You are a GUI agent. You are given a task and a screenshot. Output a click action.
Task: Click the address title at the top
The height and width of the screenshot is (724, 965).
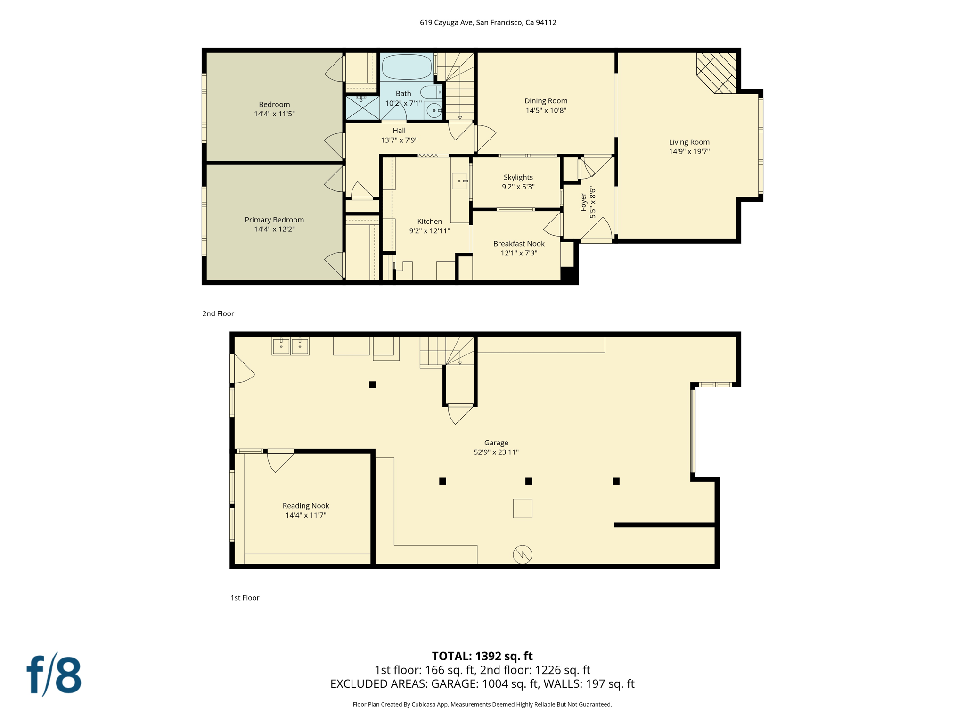[x=488, y=22]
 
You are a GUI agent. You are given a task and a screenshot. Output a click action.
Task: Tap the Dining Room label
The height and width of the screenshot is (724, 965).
[x=546, y=101]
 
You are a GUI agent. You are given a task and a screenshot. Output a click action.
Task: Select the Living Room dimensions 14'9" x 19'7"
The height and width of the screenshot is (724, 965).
[x=689, y=152]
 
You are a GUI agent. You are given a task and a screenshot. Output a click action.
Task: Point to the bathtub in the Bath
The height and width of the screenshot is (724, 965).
[x=406, y=66]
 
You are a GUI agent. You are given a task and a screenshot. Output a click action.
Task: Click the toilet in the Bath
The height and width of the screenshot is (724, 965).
[x=431, y=91]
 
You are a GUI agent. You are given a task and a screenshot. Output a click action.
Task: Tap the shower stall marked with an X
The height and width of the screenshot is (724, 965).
[x=362, y=108]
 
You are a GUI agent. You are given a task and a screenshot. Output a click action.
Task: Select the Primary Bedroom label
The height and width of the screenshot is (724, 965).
[x=274, y=220]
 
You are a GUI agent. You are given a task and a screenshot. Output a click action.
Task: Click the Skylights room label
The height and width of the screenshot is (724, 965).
[x=518, y=177]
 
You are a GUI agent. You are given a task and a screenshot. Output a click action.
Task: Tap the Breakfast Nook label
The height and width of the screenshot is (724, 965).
[x=519, y=244]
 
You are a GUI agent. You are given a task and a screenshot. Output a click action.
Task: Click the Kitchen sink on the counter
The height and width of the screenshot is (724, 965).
[x=459, y=181]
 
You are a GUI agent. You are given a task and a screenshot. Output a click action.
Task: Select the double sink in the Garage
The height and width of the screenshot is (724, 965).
[x=290, y=346]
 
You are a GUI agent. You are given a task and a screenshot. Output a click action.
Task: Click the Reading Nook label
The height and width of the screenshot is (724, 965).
[x=306, y=506]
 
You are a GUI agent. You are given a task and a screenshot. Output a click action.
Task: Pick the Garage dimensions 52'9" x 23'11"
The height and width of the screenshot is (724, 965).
[x=496, y=452]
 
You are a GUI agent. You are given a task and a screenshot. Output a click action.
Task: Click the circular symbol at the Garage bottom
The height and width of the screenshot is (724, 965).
[x=522, y=555]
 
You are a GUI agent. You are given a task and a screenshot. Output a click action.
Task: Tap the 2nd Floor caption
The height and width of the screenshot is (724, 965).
[x=218, y=314]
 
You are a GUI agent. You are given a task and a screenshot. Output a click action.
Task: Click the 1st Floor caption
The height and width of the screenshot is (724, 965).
[x=245, y=598]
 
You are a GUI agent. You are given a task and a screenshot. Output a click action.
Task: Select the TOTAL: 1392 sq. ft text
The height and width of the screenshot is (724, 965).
[x=482, y=656]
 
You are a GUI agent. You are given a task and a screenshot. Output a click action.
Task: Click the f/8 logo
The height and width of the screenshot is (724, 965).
[x=54, y=675]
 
